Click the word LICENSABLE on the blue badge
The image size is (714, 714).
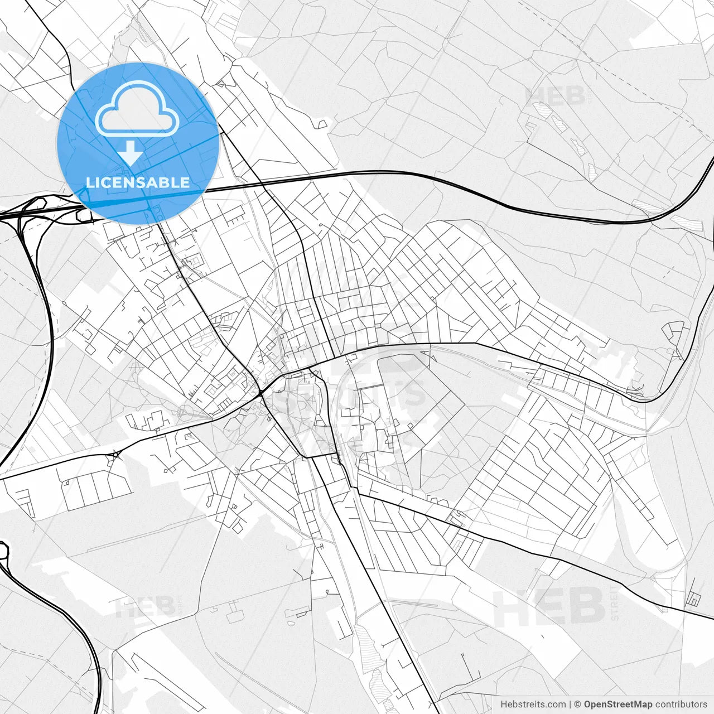pyautogui.click(x=138, y=182)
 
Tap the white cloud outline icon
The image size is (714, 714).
pyautogui.click(x=137, y=109)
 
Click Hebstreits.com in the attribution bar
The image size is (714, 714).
pyautogui.click(x=533, y=705)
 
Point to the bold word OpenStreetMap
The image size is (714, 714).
pyautogui.click(x=618, y=705)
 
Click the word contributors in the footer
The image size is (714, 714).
pyautogui.click(x=681, y=705)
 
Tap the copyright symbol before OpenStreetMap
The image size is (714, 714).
pyautogui.click(x=578, y=705)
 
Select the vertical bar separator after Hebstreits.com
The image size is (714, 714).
pyautogui.click(x=570, y=705)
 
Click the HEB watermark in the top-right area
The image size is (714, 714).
pyautogui.click(x=555, y=96)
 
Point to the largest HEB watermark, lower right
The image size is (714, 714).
pyautogui.click(x=549, y=606)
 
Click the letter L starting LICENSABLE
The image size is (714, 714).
pyautogui.click(x=90, y=182)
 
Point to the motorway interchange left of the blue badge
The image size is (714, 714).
pyautogui.click(x=31, y=211)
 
